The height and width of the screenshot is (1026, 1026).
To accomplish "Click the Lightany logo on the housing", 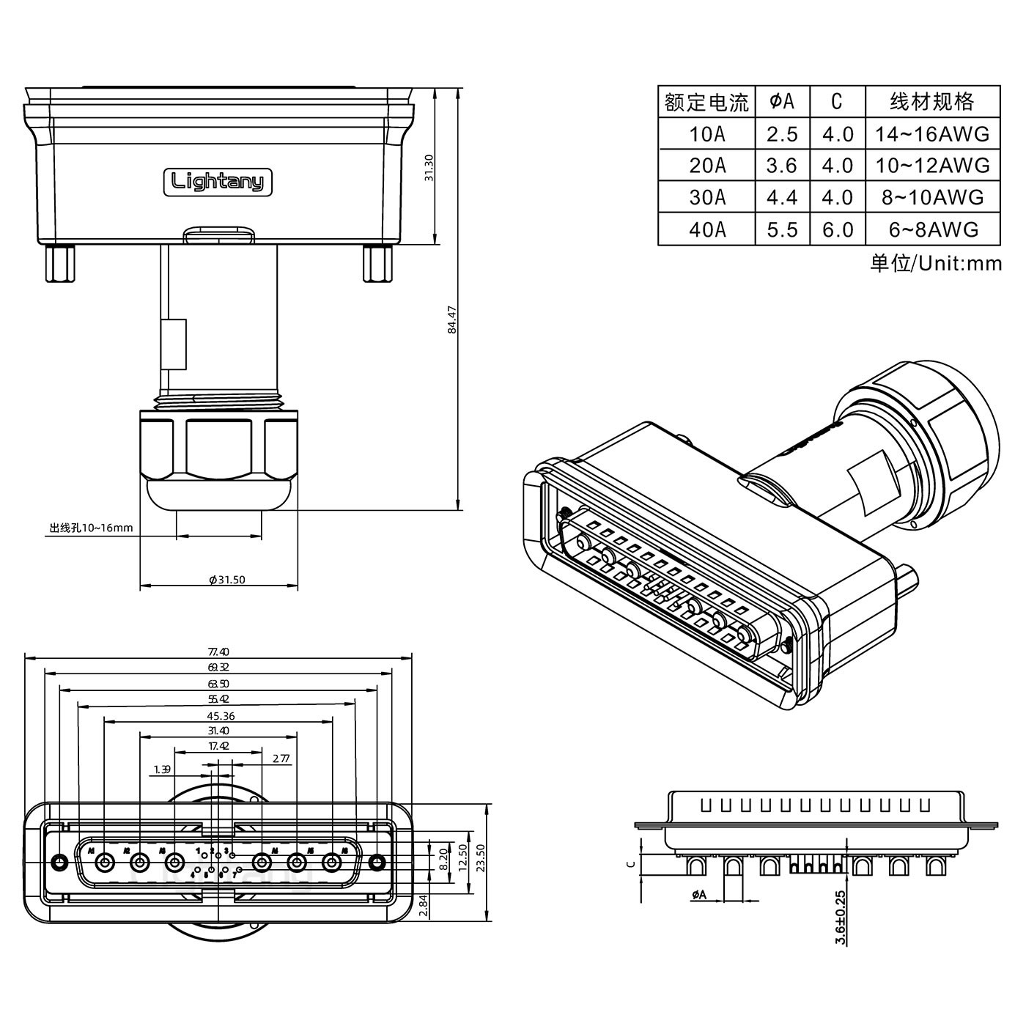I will (x=217, y=181).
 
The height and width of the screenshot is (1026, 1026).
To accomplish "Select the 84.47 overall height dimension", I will (x=452, y=320).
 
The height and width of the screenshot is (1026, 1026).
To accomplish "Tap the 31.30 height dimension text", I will (x=429, y=168).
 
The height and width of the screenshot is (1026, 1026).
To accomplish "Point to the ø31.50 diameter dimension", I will (x=226, y=580).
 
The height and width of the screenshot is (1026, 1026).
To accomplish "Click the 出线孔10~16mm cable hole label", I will (x=91, y=528).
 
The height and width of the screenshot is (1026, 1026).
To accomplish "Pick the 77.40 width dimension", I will (x=218, y=652).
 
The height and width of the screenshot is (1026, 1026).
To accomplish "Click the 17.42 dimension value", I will (x=218, y=746).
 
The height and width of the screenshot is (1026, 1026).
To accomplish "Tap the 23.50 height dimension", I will (x=481, y=858).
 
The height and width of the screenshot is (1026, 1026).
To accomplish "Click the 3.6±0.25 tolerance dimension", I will (x=841, y=916).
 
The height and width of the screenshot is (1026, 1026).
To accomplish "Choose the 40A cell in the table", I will (x=707, y=229).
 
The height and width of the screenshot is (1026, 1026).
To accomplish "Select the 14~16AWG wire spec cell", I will (x=932, y=134).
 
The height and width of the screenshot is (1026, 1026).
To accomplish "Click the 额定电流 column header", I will (x=706, y=102).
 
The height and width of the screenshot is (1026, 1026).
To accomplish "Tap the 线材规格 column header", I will (x=932, y=102).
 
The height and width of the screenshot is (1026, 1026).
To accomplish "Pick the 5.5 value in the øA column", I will (x=782, y=229).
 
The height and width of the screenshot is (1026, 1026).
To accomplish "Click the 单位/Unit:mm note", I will (x=935, y=263).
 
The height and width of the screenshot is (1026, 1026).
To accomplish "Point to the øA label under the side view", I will (x=698, y=894).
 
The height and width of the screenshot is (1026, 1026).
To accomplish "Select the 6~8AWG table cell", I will (x=932, y=229).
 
